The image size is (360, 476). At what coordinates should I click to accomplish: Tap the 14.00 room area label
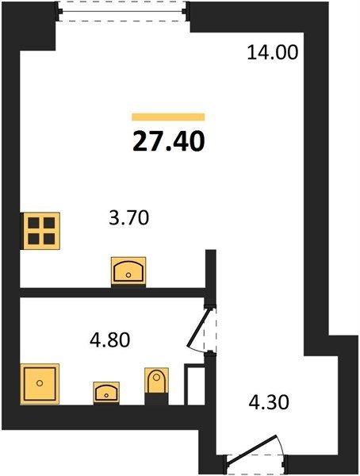[x=273, y=52]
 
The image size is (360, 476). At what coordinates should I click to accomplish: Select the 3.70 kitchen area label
[x=128, y=218]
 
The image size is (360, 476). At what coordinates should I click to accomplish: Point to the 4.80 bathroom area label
[x=110, y=340]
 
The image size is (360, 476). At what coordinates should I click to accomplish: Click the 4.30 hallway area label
[x=269, y=402]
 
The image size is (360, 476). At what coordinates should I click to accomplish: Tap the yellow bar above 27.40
[x=168, y=117]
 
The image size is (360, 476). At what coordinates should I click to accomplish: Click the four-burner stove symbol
[x=40, y=231]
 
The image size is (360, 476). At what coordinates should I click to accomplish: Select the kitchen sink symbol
[x=128, y=271]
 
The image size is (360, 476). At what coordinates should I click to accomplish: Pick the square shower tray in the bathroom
[x=40, y=384]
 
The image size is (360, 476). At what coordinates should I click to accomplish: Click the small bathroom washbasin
[x=106, y=393]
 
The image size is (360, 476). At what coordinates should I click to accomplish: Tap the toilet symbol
[x=156, y=386]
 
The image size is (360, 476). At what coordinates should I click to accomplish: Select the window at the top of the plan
[x=122, y=12]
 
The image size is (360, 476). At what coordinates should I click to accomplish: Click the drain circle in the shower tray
[x=40, y=383]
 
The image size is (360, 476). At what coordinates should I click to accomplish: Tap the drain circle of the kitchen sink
[x=128, y=275]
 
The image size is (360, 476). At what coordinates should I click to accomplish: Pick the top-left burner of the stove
[x=33, y=223]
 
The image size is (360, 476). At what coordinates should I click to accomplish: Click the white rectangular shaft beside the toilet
[x=194, y=384]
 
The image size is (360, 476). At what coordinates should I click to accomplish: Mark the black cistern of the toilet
[x=156, y=398]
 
